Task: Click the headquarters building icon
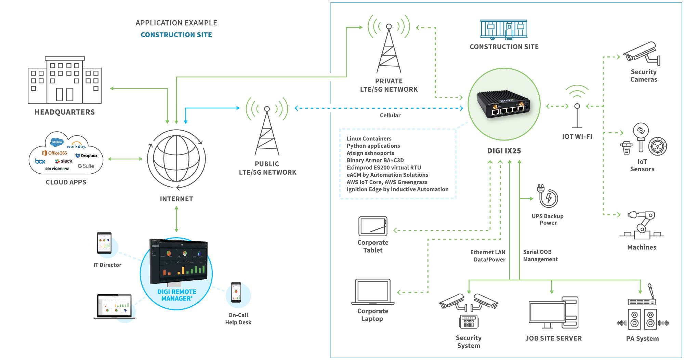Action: tap(65, 80)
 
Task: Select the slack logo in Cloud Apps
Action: tap(64, 161)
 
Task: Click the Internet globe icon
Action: tap(176, 159)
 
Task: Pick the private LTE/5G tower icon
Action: tap(389, 48)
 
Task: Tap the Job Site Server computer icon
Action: tap(553, 313)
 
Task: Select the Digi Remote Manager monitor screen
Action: tap(179, 262)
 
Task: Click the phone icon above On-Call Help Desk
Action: tap(236, 292)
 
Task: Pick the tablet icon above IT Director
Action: tap(104, 243)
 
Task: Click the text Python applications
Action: tap(373, 146)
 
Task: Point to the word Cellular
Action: tap(390, 116)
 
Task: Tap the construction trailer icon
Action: tap(504, 29)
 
